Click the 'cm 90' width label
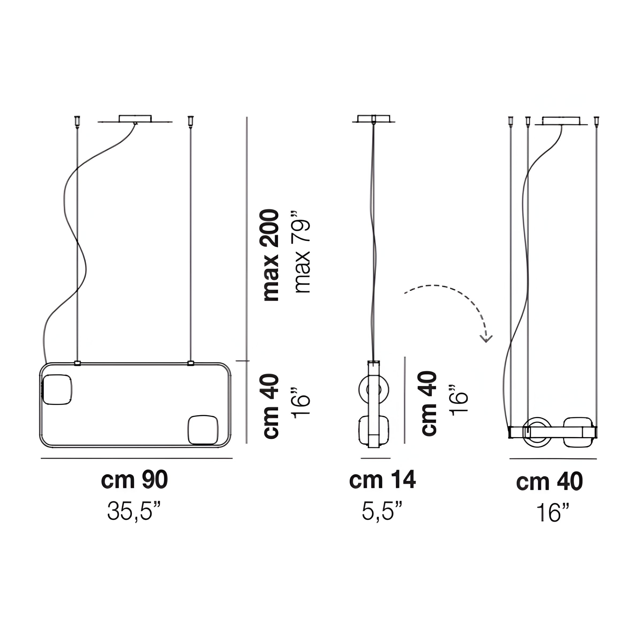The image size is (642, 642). click(135, 480)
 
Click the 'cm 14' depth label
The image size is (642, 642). click(382, 480)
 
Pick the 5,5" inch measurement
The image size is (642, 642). click(382, 511)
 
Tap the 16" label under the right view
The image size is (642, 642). click(553, 513)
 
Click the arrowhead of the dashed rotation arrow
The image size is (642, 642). click(486, 339)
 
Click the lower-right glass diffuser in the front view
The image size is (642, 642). click(203, 430)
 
